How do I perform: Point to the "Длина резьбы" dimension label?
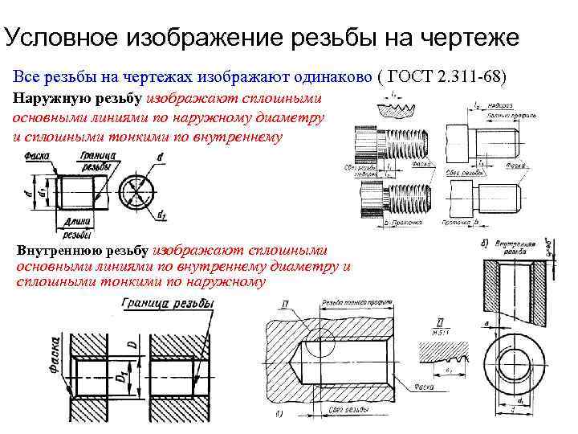pos(76,228)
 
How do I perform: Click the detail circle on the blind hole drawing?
pos(324,345)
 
